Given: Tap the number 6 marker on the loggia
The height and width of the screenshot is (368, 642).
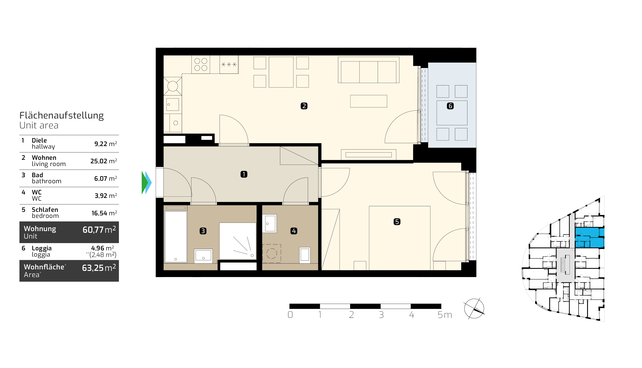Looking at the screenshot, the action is (x=450, y=106).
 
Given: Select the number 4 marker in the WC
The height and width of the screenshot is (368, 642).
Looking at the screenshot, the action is (x=294, y=231).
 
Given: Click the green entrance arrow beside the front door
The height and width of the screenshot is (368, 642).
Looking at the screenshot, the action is (x=144, y=183).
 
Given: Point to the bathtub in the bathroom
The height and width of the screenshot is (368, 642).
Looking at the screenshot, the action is (x=176, y=237).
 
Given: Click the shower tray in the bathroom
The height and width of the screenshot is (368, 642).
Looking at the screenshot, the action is (x=238, y=241).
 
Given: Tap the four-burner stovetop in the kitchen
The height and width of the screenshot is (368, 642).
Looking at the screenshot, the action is (x=201, y=65).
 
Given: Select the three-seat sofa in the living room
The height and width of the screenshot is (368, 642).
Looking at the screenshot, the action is (x=368, y=70).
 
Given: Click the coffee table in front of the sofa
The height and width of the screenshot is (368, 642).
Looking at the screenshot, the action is (x=368, y=101).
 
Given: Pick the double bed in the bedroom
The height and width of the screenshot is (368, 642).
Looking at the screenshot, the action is (x=400, y=238).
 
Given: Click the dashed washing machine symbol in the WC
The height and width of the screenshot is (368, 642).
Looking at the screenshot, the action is (x=272, y=253).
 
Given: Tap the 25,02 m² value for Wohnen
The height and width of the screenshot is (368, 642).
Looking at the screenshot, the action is (x=104, y=161).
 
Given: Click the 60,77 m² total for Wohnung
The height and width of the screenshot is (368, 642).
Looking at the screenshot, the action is (x=99, y=229).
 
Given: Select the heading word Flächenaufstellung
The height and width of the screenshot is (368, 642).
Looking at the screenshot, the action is (x=61, y=115).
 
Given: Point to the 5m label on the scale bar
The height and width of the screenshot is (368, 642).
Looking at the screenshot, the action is (x=445, y=315).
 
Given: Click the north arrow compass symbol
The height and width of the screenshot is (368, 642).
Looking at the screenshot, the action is (x=474, y=309).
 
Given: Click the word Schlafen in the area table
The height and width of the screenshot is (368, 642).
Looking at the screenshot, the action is (x=45, y=209).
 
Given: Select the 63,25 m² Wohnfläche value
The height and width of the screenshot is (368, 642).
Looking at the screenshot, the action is (x=99, y=268).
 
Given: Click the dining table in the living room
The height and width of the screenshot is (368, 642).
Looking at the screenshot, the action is (x=281, y=72).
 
